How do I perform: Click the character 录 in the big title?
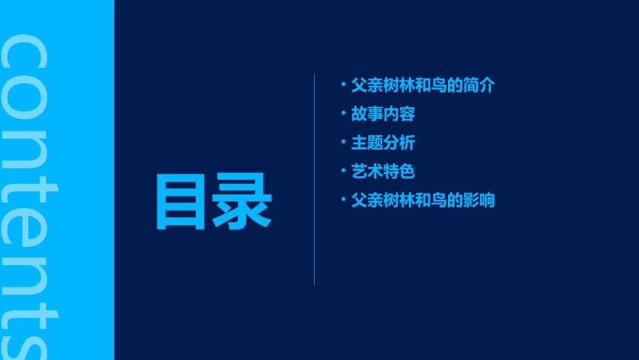tap(242, 202)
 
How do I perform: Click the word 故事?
tap(367, 114)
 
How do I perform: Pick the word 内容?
tap(400, 114)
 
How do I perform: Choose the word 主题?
tap(367, 143)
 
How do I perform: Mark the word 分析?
tap(400, 143)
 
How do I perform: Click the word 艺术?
tap(367, 172)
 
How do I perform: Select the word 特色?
tap(400, 172)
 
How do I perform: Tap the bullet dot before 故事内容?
tap(343, 114)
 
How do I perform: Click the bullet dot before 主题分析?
tap(343, 142)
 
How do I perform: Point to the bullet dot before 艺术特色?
tap(343, 171)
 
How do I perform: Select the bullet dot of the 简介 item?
tap(343, 85)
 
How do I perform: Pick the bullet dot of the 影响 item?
tap(343, 199)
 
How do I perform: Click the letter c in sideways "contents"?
tap(25, 53)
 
